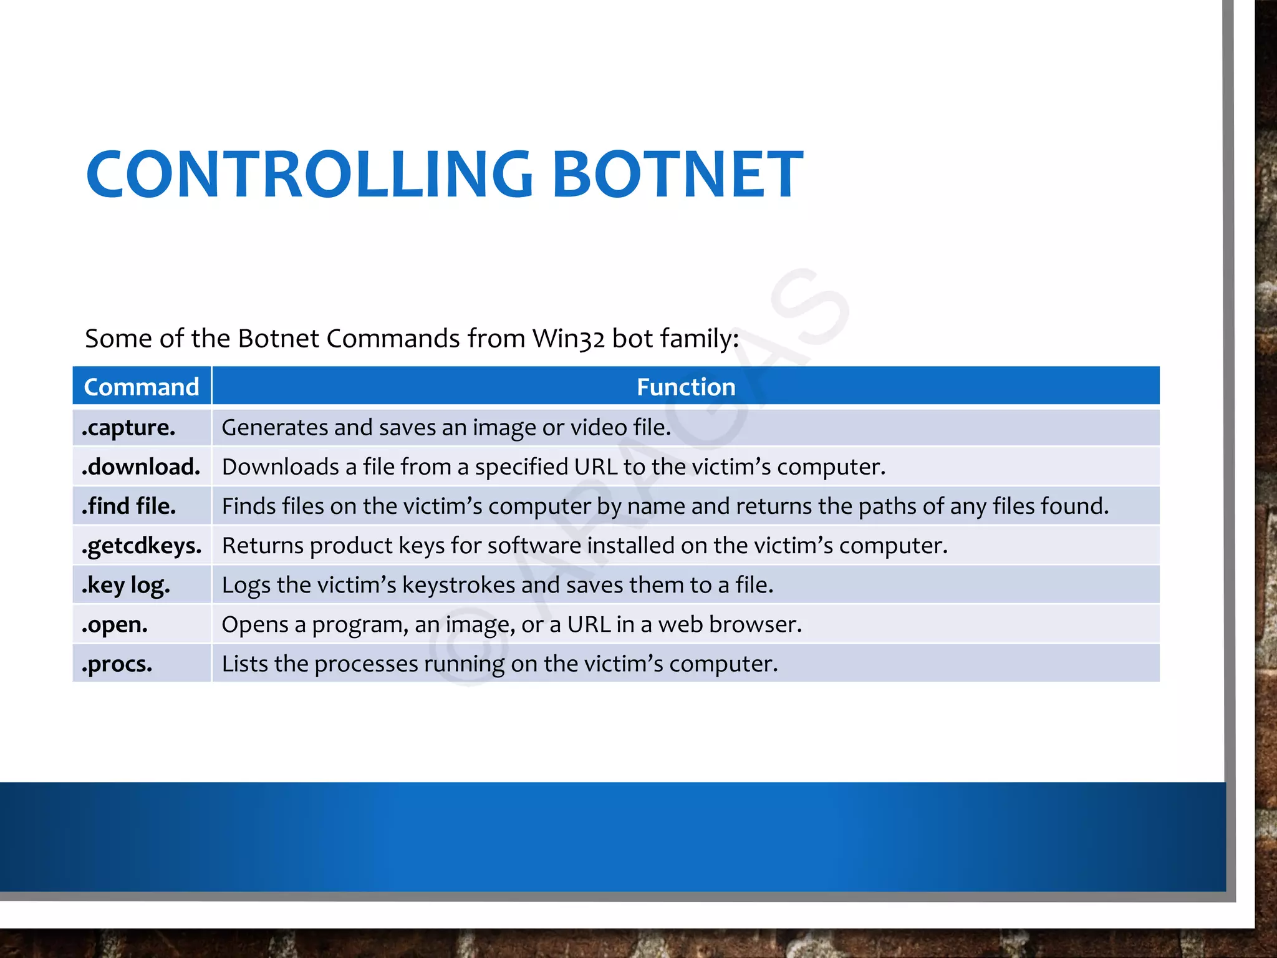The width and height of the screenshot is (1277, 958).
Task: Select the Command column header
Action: [x=142, y=387]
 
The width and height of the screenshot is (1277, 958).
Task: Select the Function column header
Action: [x=686, y=387]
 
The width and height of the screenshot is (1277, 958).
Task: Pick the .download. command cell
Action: [x=141, y=467]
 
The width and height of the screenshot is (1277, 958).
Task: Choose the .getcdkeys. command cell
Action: [x=142, y=546]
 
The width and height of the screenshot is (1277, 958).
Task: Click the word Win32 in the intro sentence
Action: [x=569, y=339]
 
